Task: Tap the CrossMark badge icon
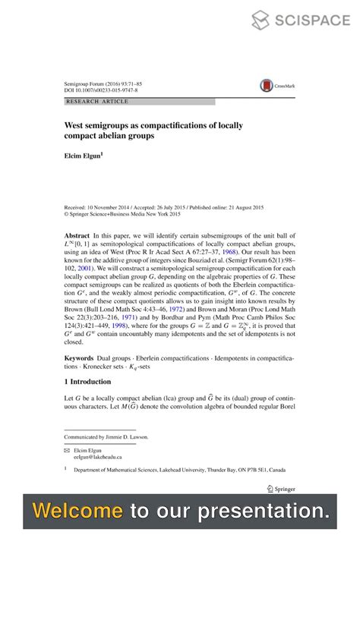coord(267,87)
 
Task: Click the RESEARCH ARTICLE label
coord(97,101)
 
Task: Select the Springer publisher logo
coord(282,489)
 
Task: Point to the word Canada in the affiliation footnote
coord(286,470)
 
